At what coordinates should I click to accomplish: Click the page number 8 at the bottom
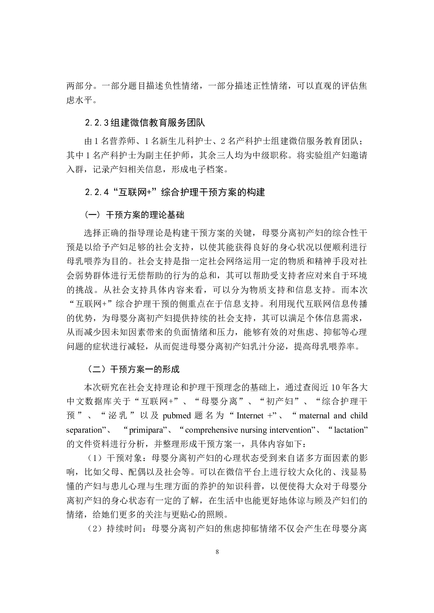217,552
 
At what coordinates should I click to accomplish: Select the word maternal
315,416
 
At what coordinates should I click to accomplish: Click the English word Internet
250,416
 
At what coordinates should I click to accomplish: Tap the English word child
359,416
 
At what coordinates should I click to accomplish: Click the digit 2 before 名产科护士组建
223,142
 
